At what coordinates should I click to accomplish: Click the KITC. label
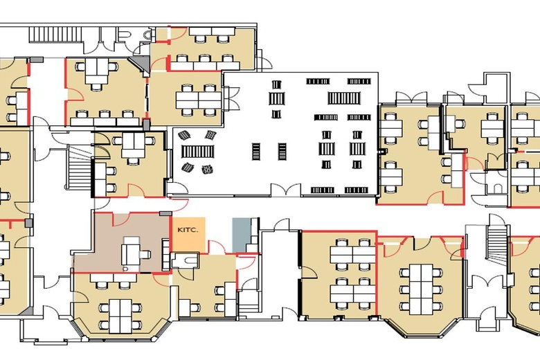pos(188,230)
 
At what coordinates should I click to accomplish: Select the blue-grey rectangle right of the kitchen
pos(240,235)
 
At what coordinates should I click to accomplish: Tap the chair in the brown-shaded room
pos(145,254)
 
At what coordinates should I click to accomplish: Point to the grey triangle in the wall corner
pos(141,66)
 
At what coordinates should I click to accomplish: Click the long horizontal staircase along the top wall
pos(55,35)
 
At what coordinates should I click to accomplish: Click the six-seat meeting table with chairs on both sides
pos(421,289)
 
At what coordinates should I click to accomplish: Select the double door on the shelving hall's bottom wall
pos(285,190)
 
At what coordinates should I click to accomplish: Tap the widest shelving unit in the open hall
pos(344,98)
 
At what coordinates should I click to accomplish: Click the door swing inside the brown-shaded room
pos(121,219)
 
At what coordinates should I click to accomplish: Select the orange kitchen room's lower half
pos(189,243)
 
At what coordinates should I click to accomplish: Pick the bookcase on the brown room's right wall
pos(166,254)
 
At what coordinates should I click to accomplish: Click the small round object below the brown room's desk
pos(125,268)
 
